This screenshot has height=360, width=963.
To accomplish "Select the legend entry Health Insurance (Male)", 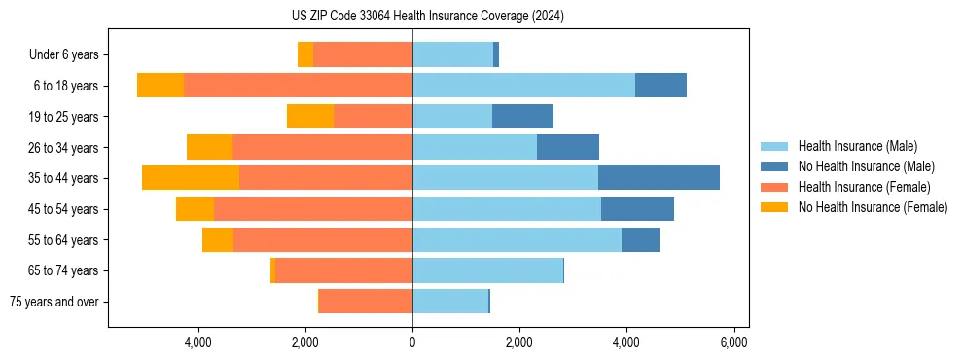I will [857, 146].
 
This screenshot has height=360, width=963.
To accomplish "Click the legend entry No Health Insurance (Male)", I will [866, 166].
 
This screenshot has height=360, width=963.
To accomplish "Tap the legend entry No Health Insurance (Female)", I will [873, 207].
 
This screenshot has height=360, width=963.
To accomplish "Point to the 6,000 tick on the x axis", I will [733, 342].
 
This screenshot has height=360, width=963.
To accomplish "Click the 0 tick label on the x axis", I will [412, 342].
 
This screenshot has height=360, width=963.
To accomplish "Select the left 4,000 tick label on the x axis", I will [198, 342].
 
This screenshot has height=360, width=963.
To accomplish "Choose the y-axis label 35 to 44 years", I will [64, 178].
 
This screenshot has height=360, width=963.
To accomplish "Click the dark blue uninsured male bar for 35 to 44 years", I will [659, 178].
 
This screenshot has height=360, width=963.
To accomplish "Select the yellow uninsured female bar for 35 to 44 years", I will [191, 178].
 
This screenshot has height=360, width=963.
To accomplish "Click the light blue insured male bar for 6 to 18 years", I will [523, 86].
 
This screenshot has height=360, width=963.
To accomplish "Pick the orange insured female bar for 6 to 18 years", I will [298, 86].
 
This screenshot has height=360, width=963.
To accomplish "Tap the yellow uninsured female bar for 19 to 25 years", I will [310, 117].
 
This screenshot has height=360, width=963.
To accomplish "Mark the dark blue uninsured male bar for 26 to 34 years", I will [568, 147].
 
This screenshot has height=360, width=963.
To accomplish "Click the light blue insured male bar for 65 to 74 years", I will [487, 270].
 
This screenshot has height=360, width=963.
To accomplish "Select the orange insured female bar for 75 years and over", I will [366, 302].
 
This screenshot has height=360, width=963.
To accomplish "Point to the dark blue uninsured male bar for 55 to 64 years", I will [640, 239].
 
